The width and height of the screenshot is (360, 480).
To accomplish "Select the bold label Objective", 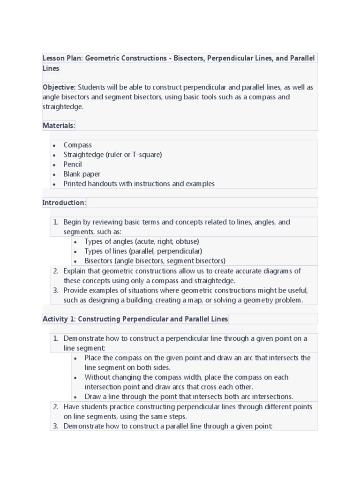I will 59,87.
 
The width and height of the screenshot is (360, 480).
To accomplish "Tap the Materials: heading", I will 59,125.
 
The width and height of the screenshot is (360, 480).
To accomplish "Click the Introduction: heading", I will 64,202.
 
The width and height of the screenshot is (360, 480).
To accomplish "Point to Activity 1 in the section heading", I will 59,319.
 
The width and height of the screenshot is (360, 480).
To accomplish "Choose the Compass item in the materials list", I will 78,145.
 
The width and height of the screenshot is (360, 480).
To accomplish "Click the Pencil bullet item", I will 73,164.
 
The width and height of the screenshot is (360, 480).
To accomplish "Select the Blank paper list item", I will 82,174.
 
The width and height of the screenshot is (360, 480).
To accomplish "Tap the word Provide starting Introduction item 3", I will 76,290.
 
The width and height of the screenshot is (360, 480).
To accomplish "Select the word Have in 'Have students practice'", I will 72,406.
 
